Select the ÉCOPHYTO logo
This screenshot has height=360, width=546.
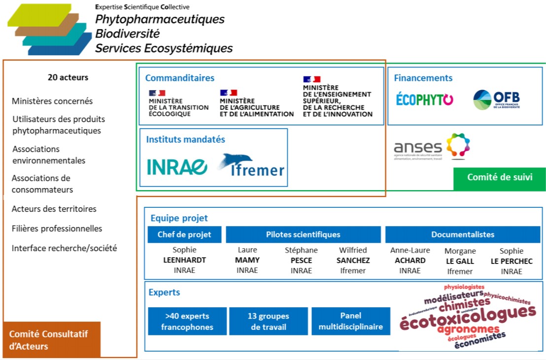point(424,99)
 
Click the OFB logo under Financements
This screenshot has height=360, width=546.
point(496,99)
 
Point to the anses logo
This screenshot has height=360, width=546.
point(432,147)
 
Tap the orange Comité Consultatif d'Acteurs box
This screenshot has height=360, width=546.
point(52,340)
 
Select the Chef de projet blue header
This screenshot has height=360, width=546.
point(184,234)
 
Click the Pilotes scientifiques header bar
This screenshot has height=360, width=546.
point(303,234)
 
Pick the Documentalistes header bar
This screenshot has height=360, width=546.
point(462,234)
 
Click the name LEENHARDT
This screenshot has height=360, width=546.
point(184,261)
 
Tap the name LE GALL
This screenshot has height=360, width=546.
point(460,261)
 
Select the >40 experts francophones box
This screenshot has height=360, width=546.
point(187,321)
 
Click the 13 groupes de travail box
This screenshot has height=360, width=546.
point(268,321)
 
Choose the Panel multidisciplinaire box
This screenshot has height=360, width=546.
point(350,321)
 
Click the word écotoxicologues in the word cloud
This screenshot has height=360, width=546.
point(467,318)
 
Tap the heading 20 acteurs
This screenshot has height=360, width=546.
point(68,77)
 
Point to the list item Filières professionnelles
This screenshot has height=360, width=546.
point(57,229)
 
